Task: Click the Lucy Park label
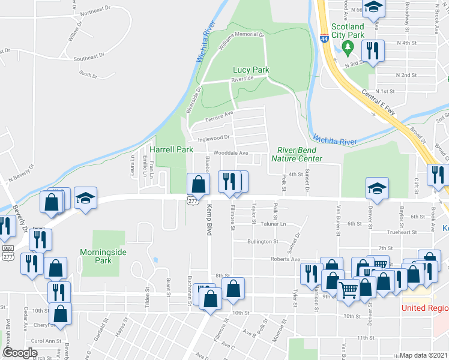coord(251,70)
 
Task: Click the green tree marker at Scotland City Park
coord(346,47)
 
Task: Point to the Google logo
coord(20,353)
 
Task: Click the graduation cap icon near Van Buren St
coord(376,188)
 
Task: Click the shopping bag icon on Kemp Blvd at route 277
coord(197,184)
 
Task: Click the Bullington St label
coord(263,242)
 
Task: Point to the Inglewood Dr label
coord(214,137)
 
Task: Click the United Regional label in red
coord(425,308)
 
